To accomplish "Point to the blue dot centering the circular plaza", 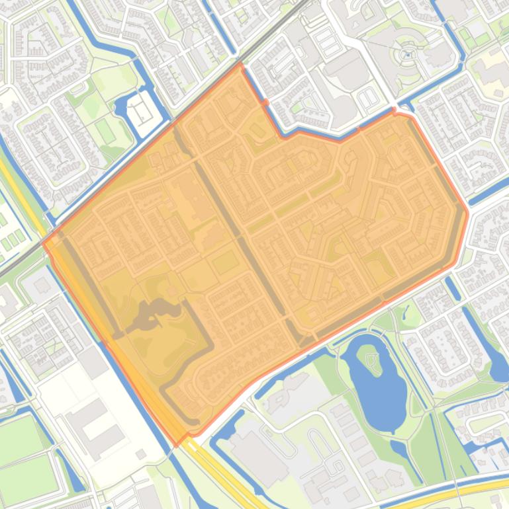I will click(408, 55).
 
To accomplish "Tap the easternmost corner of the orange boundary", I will click(467, 213).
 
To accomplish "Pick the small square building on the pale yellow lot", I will click(141, 454).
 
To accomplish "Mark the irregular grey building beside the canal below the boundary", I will click(285, 390).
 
